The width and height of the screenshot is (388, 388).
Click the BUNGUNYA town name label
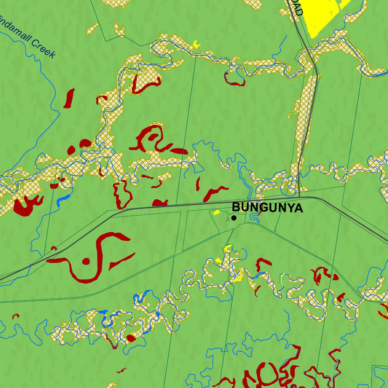(x=267, y=208)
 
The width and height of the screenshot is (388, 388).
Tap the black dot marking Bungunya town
(x=234, y=218)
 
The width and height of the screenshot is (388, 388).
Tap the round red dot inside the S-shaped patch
(x=86, y=261)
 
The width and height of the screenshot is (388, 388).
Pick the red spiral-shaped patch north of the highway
(x=152, y=138)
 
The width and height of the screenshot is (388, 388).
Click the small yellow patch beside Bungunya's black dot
(x=217, y=213)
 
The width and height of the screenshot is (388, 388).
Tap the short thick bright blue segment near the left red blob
(x=64, y=199)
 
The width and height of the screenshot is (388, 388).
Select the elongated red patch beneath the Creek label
(x=69, y=99)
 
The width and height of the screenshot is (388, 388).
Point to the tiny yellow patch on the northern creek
(x=196, y=44)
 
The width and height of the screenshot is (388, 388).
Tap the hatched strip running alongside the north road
(x=305, y=114)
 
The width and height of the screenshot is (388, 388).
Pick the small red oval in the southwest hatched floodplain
(x=131, y=338)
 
